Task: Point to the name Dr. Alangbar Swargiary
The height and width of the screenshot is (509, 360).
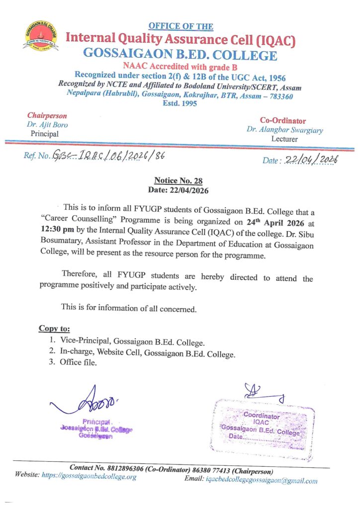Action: [x=284, y=130]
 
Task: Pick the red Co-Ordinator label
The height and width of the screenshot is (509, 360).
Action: [x=282, y=121]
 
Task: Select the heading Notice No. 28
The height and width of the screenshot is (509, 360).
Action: [x=178, y=181]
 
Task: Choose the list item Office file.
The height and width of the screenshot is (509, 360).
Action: [x=78, y=362]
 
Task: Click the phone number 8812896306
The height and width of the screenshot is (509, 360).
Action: [x=130, y=468]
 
